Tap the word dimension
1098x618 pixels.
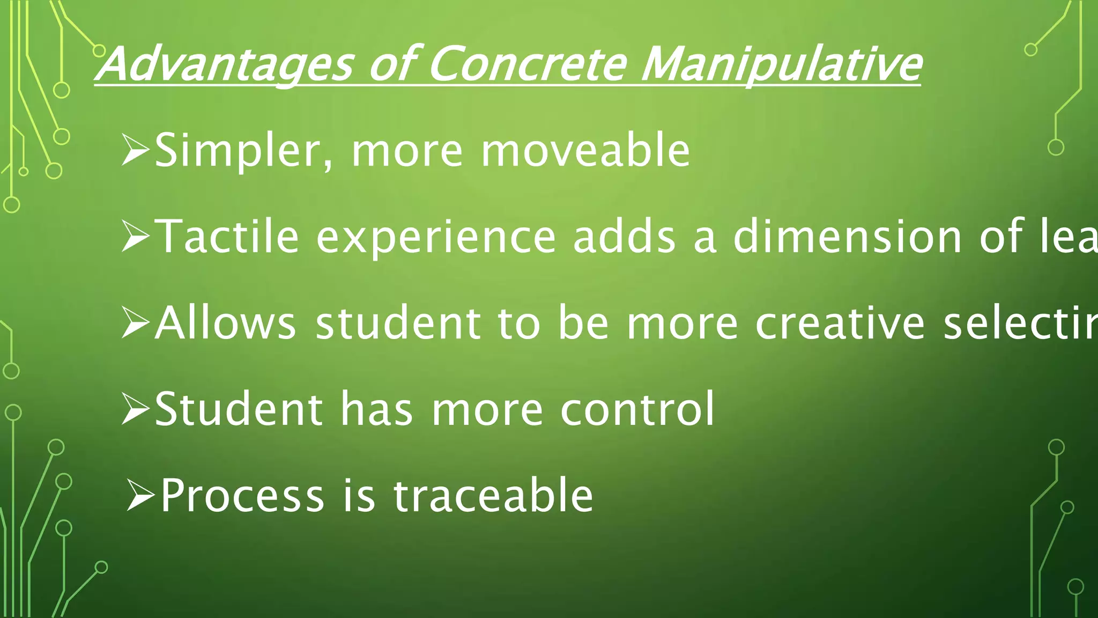(848, 237)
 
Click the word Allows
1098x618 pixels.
(225, 323)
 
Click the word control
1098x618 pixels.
(637, 409)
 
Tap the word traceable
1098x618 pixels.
(493, 495)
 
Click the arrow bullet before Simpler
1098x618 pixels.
(135, 151)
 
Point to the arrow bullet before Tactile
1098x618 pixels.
(135, 238)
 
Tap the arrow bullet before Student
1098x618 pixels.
(135, 410)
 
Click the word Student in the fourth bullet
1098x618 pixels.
(239, 409)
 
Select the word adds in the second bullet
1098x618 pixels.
(624, 237)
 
